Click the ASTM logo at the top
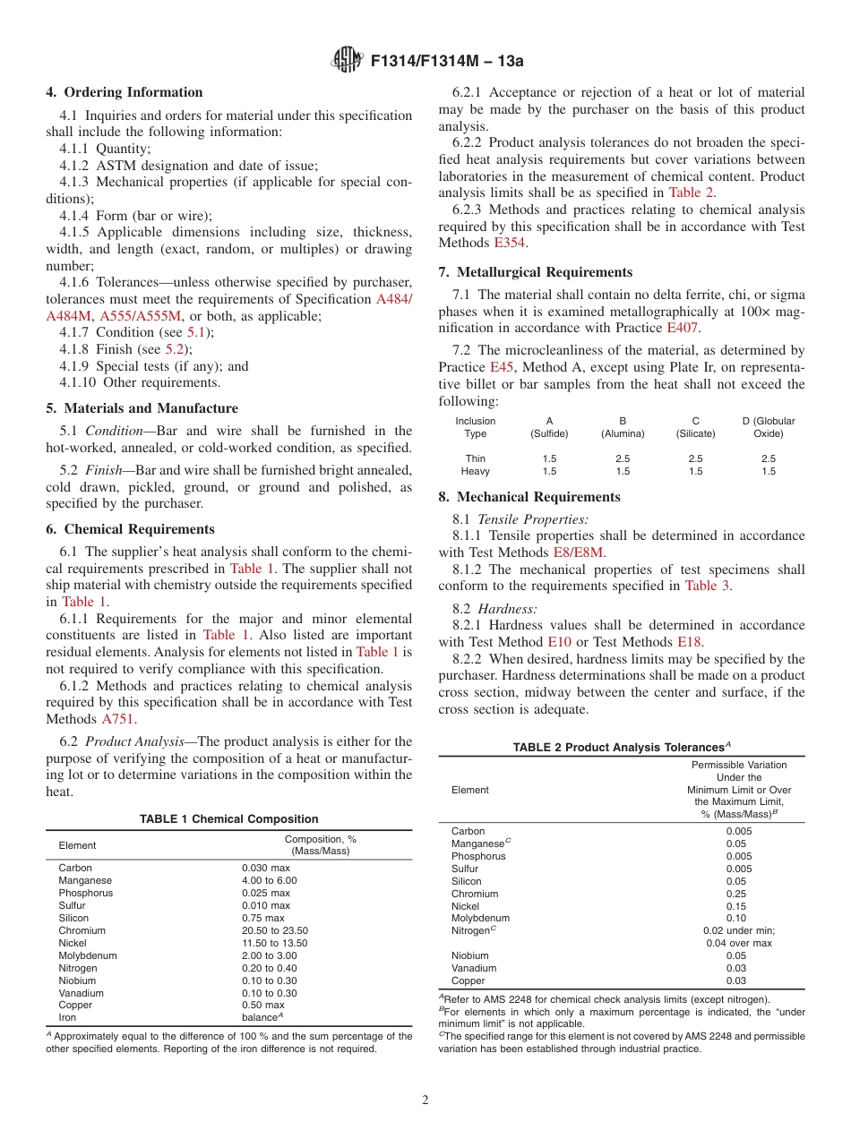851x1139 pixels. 345,60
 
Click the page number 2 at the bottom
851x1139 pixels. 425,1100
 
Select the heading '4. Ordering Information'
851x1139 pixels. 125,92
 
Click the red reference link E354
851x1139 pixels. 509,243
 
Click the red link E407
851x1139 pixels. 683,328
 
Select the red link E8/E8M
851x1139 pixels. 579,552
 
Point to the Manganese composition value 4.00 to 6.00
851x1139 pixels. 269,880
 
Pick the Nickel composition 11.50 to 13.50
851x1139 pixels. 274,943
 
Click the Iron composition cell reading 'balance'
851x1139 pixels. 262,1018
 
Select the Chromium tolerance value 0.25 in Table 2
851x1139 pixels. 738,894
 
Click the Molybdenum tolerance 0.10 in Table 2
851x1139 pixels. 738,918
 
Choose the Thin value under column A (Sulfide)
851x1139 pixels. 549,458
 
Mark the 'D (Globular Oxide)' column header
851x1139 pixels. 768,427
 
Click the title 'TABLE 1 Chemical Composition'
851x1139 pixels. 228,818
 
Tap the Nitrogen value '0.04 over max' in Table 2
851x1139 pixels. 738,943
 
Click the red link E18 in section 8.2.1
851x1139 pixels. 688,642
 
